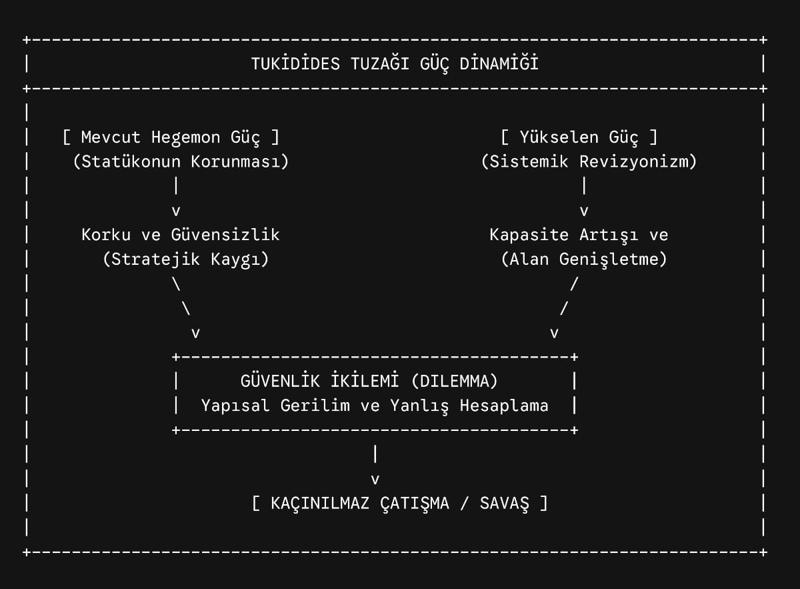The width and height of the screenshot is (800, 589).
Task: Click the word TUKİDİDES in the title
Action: click(x=296, y=63)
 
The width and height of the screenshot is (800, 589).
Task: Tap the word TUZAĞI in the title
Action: click(x=380, y=63)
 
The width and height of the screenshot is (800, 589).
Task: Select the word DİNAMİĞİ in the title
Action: click(x=499, y=63)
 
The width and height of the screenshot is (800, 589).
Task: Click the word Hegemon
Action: click(x=186, y=137)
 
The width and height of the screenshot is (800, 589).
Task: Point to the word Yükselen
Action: click(x=559, y=137)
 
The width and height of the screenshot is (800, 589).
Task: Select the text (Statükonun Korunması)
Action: click(x=181, y=161)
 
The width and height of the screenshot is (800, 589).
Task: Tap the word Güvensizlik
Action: click(x=225, y=234)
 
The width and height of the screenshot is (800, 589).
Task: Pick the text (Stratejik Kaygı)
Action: click(x=186, y=259)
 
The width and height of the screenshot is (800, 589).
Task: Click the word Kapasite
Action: click(x=529, y=235)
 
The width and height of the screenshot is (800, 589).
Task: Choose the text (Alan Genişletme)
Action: click(x=584, y=259)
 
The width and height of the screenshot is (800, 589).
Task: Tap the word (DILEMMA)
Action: click(x=455, y=381)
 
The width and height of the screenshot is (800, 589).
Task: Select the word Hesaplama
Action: click(x=504, y=406)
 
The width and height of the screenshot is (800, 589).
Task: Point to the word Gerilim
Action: click(x=315, y=406)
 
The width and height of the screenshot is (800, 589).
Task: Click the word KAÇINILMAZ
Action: click(x=320, y=504)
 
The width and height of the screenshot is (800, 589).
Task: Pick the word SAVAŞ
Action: click(x=504, y=504)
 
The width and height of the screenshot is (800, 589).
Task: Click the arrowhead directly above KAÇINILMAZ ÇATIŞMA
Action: click(x=375, y=480)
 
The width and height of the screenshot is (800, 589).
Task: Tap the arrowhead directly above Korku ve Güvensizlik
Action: click(x=176, y=211)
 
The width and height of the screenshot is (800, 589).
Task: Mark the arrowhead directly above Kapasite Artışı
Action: click(x=584, y=211)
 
